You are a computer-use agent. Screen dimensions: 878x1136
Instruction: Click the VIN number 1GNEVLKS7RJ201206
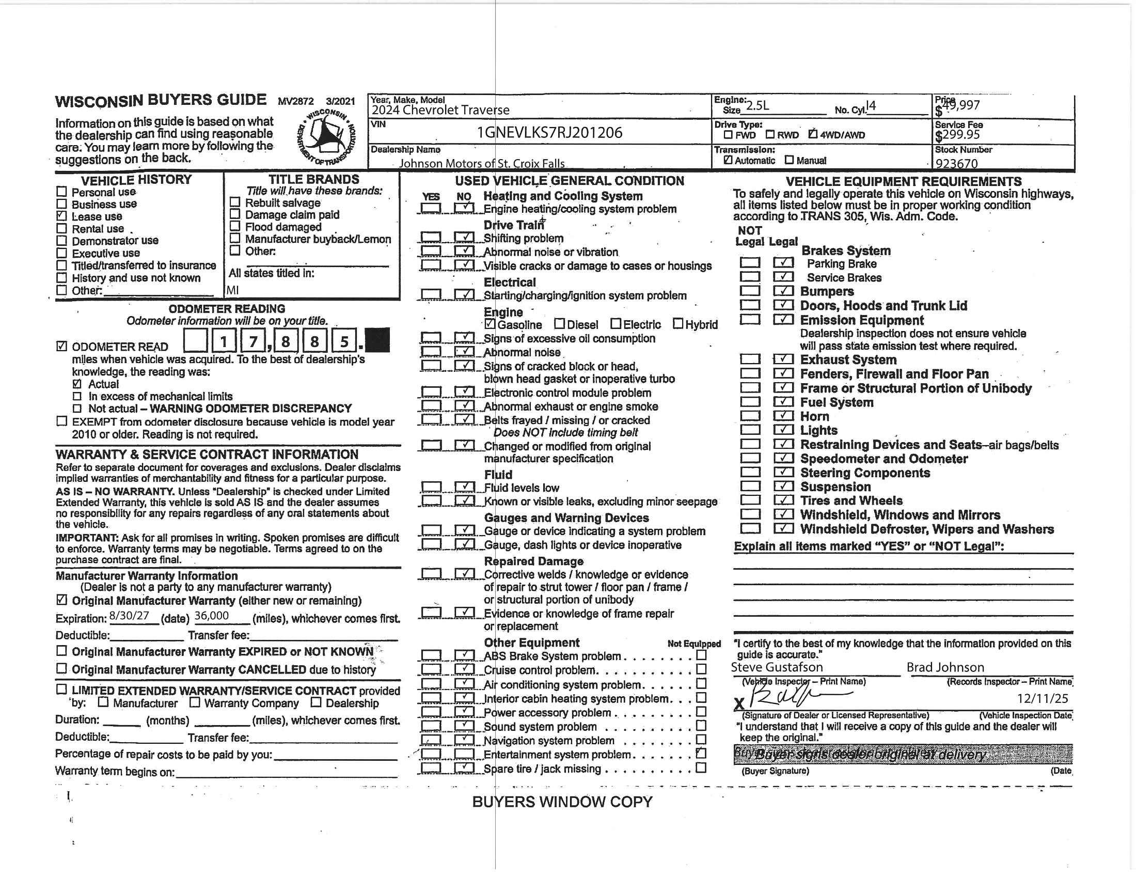click(x=549, y=133)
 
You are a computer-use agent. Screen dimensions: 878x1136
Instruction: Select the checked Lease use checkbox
click(x=62, y=216)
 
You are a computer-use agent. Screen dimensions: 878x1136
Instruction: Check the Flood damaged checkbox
click(x=235, y=226)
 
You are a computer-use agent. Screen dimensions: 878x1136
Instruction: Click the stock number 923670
click(x=956, y=163)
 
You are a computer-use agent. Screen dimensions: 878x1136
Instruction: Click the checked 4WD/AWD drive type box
click(x=813, y=134)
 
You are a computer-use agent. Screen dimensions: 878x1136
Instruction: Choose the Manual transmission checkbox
click(x=789, y=160)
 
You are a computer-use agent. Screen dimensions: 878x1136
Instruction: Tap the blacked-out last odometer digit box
click(x=377, y=341)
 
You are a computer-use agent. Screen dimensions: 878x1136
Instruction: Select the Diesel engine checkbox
click(x=559, y=324)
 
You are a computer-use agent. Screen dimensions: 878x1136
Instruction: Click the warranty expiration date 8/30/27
click(x=130, y=616)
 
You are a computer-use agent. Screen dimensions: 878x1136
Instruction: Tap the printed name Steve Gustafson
click(x=777, y=667)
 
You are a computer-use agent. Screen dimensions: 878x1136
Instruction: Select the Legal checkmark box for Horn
click(x=783, y=416)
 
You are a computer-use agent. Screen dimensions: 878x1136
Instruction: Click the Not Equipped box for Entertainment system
click(x=701, y=753)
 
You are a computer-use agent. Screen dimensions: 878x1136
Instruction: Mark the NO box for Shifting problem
click(x=464, y=238)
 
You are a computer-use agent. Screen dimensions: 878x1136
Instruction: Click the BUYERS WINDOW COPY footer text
click(x=562, y=802)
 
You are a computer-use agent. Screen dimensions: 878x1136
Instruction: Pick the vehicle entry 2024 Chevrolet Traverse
click(x=440, y=109)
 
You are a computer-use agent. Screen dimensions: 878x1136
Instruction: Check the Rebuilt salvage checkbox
click(x=235, y=202)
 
